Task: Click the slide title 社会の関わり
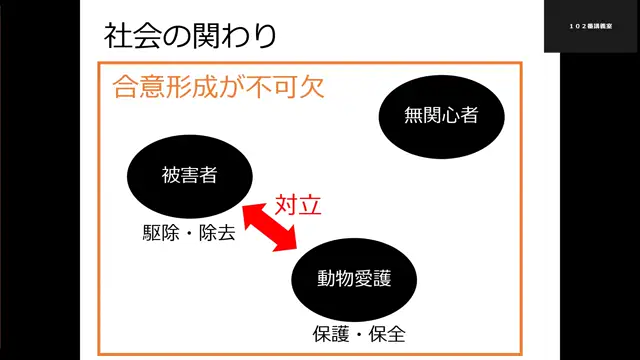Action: [190, 36]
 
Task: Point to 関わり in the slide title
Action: [231, 36]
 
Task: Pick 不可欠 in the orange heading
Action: [290, 86]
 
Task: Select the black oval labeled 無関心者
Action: [441, 116]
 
